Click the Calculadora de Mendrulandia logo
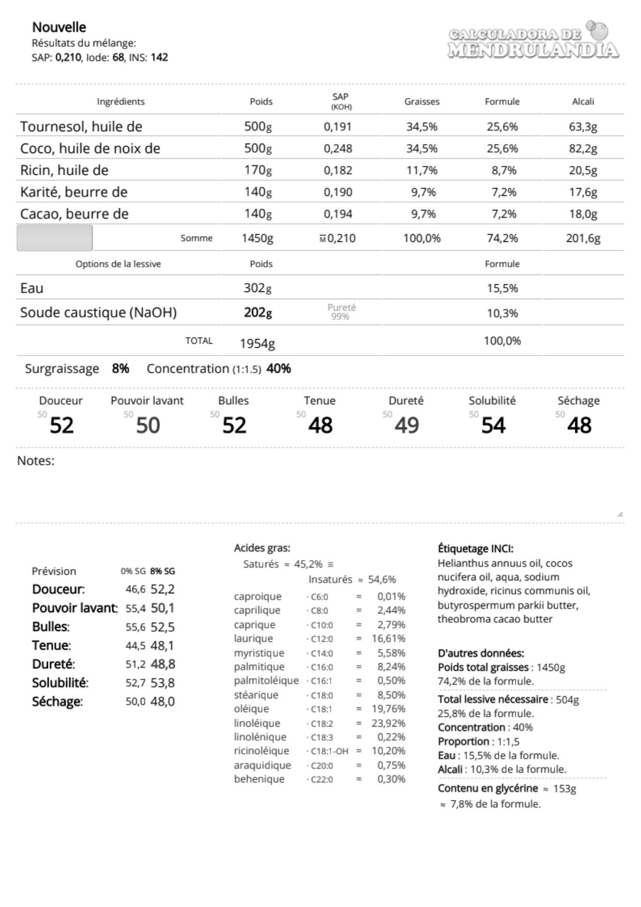click(x=533, y=40)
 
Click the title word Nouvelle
click(x=59, y=27)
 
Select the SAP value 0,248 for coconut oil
click(x=338, y=149)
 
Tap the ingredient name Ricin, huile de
click(x=64, y=171)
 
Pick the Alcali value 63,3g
click(x=583, y=127)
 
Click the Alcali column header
click(x=583, y=101)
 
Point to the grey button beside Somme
click(x=54, y=238)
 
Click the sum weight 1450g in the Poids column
click(x=257, y=238)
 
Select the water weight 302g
click(x=257, y=288)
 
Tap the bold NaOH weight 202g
click(x=257, y=313)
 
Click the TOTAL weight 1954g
click(x=257, y=343)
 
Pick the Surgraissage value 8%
click(x=120, y=368)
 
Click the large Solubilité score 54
click(x=493, y=425)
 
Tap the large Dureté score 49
click(x=406, y=425)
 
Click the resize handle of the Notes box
click(x=620, y=514)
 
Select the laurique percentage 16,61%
click(x=388, y=639)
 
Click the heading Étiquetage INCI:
click(x=475, y=548)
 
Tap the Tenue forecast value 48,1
click(x=162, y=645)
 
